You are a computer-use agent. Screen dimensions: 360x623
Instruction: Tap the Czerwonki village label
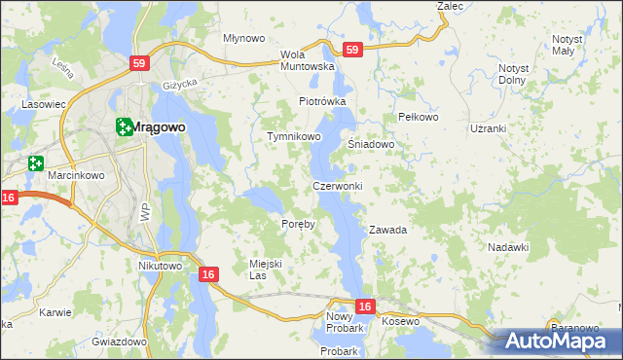pos(338,185)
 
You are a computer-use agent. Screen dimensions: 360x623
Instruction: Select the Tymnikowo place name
pos(294,137)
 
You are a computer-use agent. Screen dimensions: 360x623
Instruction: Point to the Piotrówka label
pos(322,101)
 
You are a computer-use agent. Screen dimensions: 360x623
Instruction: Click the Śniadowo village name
pos(371,144)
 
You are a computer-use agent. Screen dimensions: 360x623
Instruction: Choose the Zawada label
pos(386,231)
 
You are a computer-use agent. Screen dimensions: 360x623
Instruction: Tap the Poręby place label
pos(299,224)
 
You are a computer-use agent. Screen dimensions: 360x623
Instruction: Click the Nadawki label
pos(507,247)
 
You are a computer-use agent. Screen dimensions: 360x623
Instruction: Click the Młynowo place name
pos(244,39)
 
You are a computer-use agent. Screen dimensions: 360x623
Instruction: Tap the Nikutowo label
pos(161,266)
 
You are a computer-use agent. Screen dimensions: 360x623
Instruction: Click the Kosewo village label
pos(400,321)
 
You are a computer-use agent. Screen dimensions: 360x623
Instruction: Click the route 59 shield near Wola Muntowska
pos(351,50)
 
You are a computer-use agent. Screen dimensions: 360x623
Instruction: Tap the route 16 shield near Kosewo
pos(364,306)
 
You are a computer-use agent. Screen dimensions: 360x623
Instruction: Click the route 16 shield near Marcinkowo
pos(10,198)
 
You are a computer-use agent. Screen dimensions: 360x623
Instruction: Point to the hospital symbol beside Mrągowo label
pos(124,126)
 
